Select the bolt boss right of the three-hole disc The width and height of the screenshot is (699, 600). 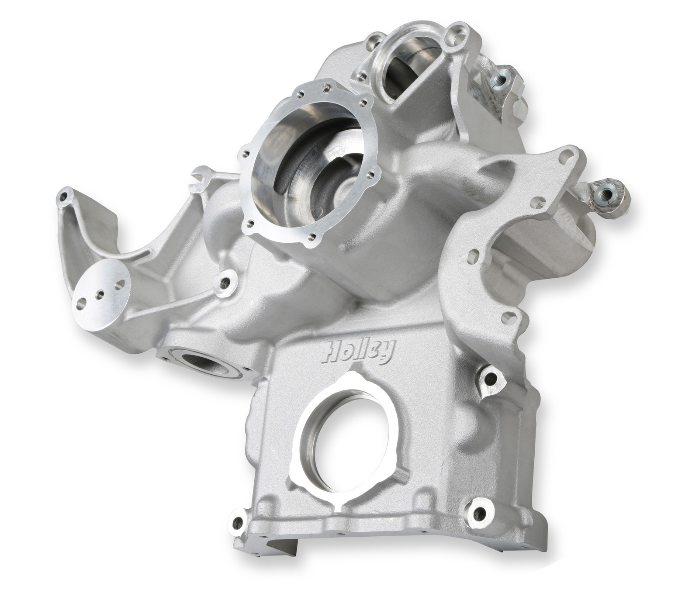pyautogui.click(x=226, y=283)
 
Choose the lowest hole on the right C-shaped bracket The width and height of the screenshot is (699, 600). pyautogui.click(x=507, y=315)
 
